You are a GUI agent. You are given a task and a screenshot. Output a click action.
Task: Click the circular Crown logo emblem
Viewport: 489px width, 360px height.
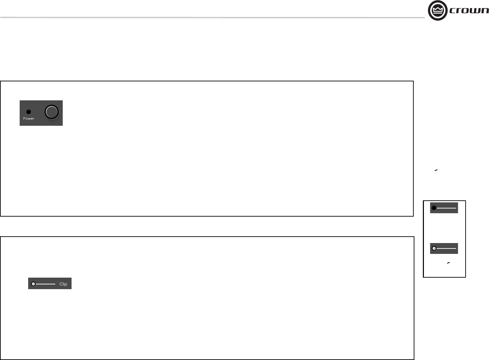(x=438, y=11)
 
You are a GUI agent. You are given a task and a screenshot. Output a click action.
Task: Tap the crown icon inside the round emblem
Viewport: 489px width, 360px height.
(x=438, y=10)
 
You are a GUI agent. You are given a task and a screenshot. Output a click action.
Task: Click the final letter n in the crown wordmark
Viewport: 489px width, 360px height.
(x=485, y=11)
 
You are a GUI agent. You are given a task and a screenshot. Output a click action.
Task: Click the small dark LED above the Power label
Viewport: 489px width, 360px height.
(x=28, y=112)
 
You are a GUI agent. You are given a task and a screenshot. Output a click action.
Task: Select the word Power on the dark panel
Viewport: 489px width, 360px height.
(x=28, y=119)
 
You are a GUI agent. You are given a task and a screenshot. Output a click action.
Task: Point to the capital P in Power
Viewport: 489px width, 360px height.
(x=24, y=119)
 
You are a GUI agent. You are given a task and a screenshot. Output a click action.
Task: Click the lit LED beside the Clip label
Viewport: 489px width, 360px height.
(x=33, y=284)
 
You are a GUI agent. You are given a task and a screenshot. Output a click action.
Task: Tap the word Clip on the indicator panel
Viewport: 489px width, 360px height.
(x=63, y=284)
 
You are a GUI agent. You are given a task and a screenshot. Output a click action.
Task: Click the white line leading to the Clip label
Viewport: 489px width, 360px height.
(x=45, y=284)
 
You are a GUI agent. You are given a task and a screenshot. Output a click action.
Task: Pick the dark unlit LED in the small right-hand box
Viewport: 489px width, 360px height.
(x=434, y=208)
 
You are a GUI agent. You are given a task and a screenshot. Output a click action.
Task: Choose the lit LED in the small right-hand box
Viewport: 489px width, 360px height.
(x=434, y=248)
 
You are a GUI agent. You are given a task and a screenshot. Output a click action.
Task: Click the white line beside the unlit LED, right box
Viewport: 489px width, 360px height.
(x=446, y=208)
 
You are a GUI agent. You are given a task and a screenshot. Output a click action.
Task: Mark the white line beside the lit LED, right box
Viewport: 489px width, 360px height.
(x=446, y=248)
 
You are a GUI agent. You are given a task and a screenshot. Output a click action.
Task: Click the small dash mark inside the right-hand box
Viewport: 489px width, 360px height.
(x=448, y=263)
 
